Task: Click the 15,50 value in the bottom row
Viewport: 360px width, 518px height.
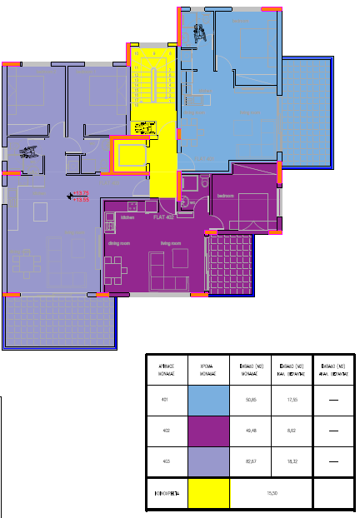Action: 270,494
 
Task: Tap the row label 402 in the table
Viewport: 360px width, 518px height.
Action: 165,431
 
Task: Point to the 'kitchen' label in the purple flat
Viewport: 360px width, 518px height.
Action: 127,217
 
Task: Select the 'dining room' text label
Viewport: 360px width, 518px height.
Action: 119,243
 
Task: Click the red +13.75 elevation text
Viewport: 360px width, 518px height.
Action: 81,193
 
